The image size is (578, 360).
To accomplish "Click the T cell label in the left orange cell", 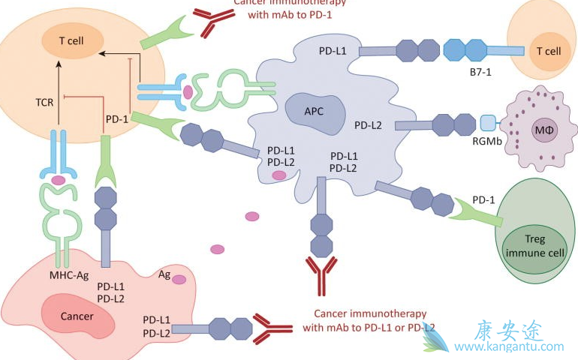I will (73, 40).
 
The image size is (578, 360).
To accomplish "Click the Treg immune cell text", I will (534, 247).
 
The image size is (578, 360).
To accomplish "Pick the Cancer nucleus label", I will (77, 316).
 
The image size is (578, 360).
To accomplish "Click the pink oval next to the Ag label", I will (179, 279).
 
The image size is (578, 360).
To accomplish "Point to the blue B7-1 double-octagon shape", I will (465, 51).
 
